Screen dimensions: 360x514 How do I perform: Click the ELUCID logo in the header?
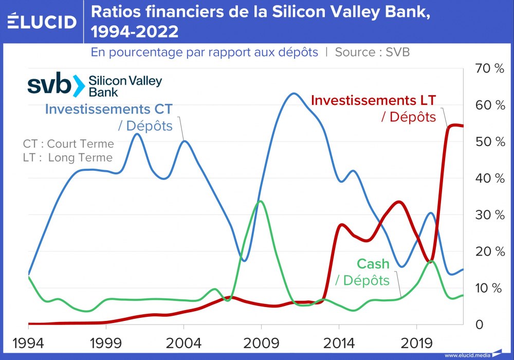(42, 22)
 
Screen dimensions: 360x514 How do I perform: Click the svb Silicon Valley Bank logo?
(95, 85)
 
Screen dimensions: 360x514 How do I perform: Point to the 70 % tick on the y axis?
(490, 69)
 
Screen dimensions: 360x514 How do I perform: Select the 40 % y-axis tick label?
(490, 178)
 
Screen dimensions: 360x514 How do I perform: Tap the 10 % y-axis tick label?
(490, 288)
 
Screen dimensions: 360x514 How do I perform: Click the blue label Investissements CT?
(109, 109)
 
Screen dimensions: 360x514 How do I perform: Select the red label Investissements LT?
(374, 100)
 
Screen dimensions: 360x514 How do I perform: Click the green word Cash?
(373, 264)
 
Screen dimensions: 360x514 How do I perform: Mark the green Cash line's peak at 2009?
(261, 201)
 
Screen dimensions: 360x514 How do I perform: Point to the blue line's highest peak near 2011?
(293, 94)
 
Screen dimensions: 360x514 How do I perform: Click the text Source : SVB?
(372, 52)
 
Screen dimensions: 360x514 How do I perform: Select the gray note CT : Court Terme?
(68, 143)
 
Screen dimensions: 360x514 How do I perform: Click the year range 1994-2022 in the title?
(135, 32)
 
